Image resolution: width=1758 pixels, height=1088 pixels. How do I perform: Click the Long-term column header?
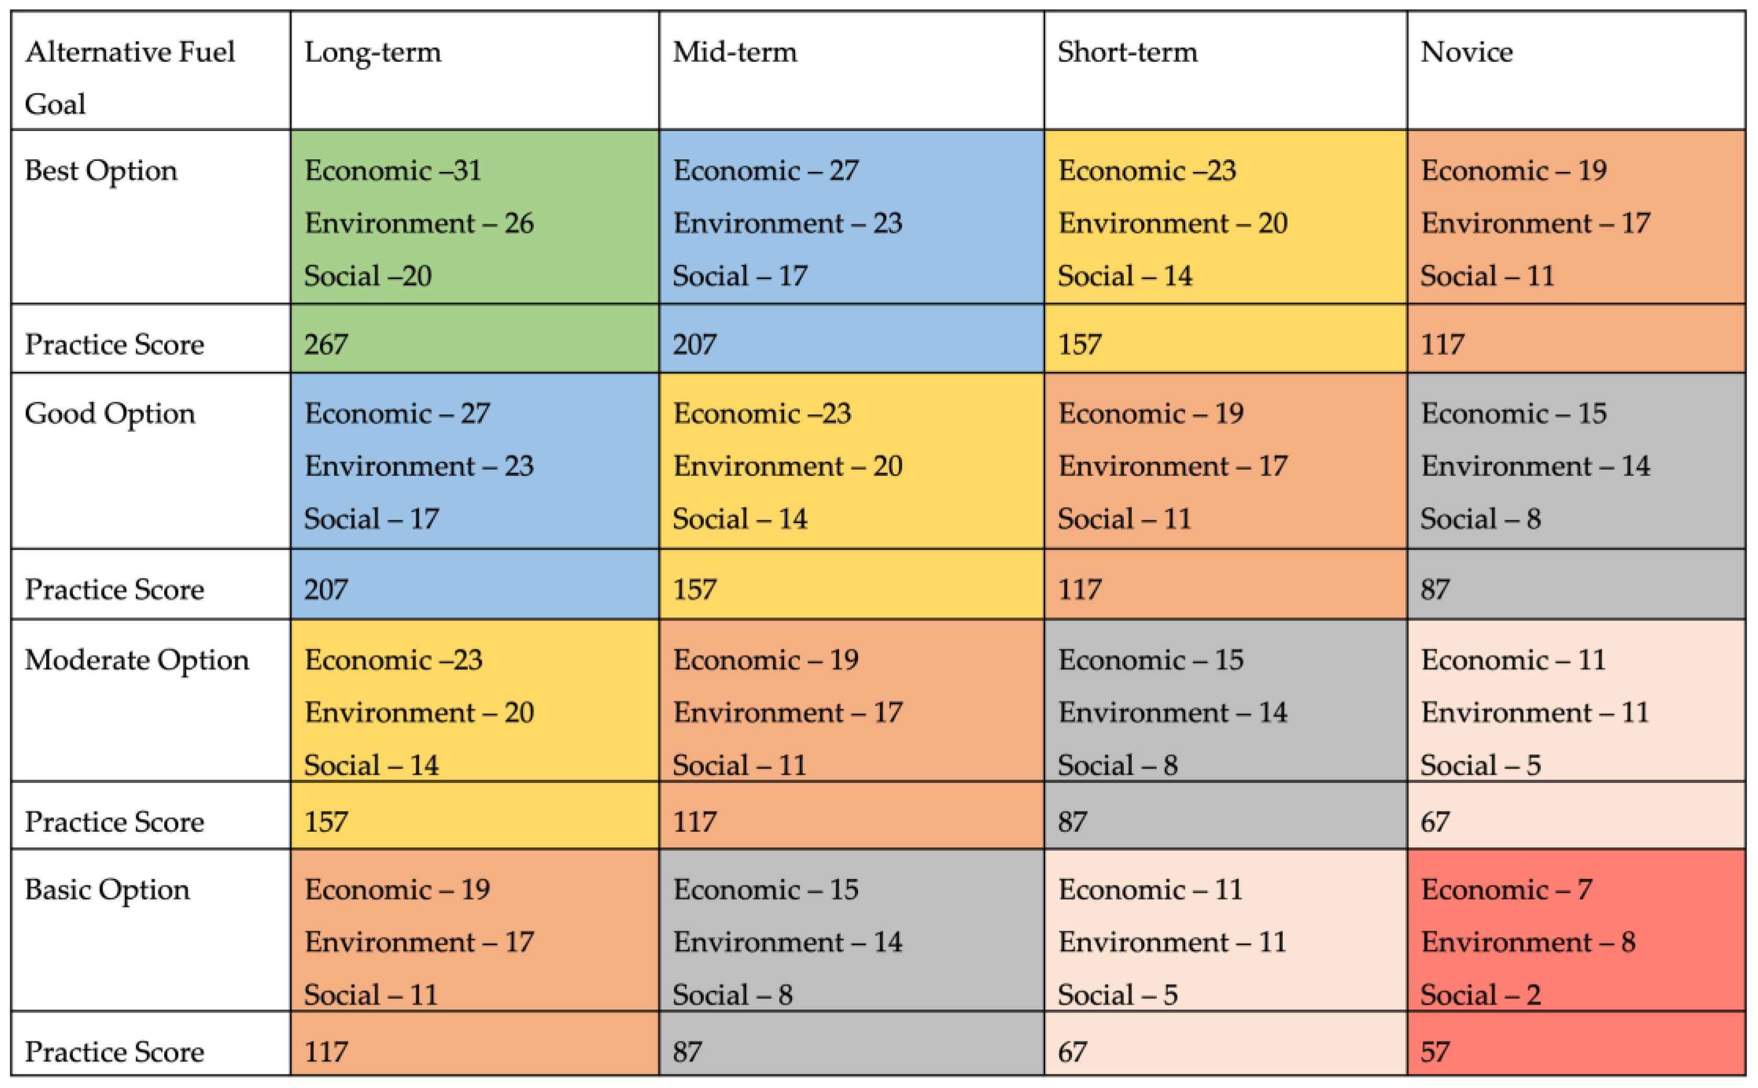click(372, 52)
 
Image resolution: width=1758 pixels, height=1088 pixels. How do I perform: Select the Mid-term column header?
click(735, 52)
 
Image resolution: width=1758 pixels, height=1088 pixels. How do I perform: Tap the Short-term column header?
click(1127, 52)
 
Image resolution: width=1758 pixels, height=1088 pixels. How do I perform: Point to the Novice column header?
click(1466, 52)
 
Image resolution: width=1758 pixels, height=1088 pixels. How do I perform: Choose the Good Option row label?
click(110, 414)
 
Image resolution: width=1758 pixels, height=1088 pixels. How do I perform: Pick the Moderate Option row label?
click(137, 660)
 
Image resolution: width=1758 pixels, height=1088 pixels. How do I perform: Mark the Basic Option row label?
click(107, 890)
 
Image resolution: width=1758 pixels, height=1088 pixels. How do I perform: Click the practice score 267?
click(326, 345)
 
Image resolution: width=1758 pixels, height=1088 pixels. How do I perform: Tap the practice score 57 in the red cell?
click(1434, 1052)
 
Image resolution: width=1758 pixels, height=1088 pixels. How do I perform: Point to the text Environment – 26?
click(419, 224)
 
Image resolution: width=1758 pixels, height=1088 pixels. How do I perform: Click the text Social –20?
click(367, 276)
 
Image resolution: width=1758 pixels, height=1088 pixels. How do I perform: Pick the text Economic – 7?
click(1506, 890)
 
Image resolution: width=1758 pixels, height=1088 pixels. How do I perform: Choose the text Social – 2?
click(1480, 995)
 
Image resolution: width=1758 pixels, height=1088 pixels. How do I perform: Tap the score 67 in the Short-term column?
click(1072, 1052)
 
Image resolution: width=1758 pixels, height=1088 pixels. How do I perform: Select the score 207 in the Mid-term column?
click(694, 345)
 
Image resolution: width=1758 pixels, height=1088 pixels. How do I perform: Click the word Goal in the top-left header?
click(55, 105)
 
